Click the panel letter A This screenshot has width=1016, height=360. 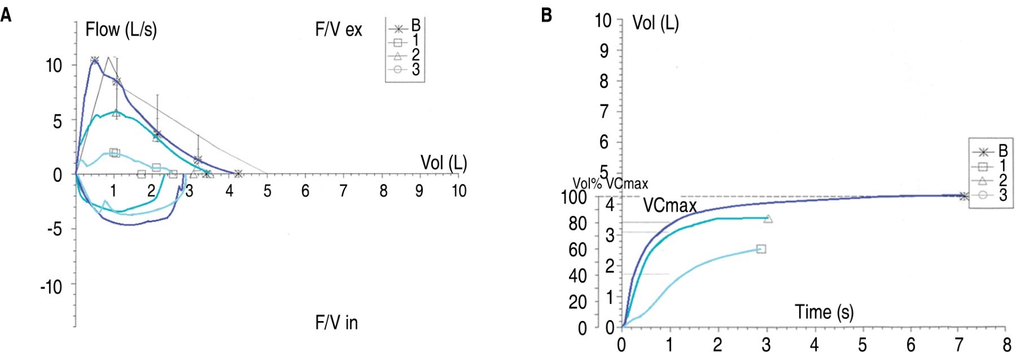tap(6, 15)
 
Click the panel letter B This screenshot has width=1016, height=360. tap(546, 15)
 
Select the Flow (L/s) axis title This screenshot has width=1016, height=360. tap(121, 29)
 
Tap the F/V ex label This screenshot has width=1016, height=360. tap(339, 29)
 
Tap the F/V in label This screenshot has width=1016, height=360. tap(336, 323)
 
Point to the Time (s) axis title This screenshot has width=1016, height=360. tap(824, 312)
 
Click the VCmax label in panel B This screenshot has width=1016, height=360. tap(670, 205)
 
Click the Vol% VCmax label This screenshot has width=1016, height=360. tap(610, 183)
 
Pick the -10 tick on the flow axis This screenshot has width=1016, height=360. tap(51, 287)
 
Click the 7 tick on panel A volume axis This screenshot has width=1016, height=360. tap(343, 191)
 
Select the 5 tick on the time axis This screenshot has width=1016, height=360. tap(862, 345)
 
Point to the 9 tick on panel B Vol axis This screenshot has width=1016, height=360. tap(603, 51)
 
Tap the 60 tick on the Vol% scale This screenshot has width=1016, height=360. tap(577, 249)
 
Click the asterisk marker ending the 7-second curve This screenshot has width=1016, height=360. tap(964, 196)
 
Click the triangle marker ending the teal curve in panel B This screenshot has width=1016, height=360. tap(768, 218)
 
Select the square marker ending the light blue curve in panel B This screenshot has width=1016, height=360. tap(761, 249)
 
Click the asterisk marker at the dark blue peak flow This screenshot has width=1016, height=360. tap(94, 60)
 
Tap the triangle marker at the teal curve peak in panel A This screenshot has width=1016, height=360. tap(116, 113)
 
